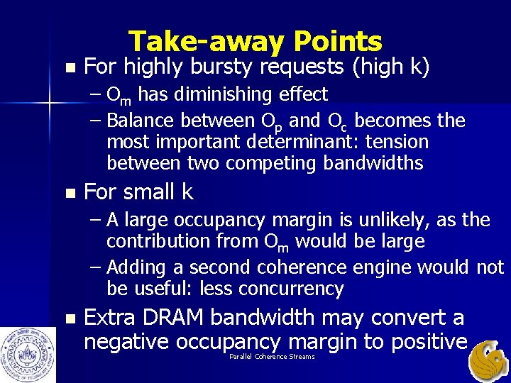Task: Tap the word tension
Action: (397, 142)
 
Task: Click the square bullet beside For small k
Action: (68, 193)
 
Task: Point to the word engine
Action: (379, 267)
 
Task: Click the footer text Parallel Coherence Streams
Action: (272, 357)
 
